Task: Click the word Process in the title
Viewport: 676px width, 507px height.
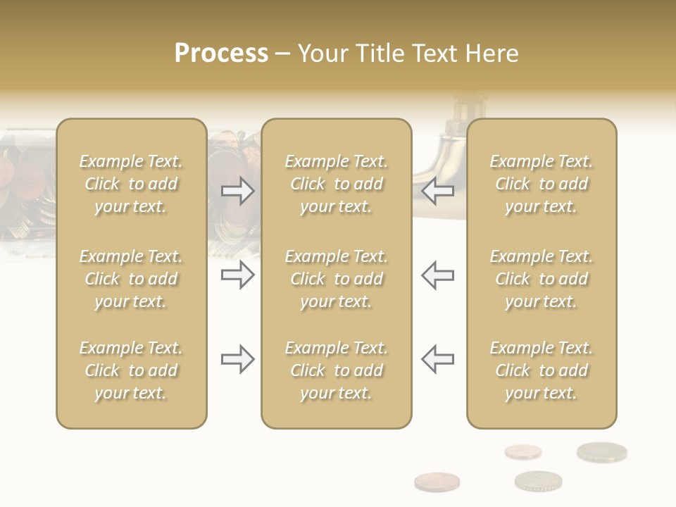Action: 221,54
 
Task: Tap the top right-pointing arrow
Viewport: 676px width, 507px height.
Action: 237,191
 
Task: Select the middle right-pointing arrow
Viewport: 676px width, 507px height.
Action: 237,275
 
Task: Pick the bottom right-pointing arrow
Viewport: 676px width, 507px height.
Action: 237,359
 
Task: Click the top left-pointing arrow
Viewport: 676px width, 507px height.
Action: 437,191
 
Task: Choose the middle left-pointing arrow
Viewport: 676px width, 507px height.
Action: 437,275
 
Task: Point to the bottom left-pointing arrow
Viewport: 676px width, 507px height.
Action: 437,359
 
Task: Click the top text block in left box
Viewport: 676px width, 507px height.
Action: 131,184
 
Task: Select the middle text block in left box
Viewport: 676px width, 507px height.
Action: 131,279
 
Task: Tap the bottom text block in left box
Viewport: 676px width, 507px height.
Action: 131,370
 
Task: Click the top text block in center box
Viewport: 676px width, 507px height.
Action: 337,184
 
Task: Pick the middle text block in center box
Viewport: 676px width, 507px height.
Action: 337,279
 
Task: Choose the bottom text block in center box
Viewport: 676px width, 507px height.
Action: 337,370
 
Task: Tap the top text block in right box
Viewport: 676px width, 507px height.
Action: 542,184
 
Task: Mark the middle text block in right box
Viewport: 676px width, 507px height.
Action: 542,279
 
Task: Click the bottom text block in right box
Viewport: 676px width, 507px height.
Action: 542,370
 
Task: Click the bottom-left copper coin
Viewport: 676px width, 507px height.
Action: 437,482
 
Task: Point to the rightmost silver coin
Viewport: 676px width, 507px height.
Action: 601,451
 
